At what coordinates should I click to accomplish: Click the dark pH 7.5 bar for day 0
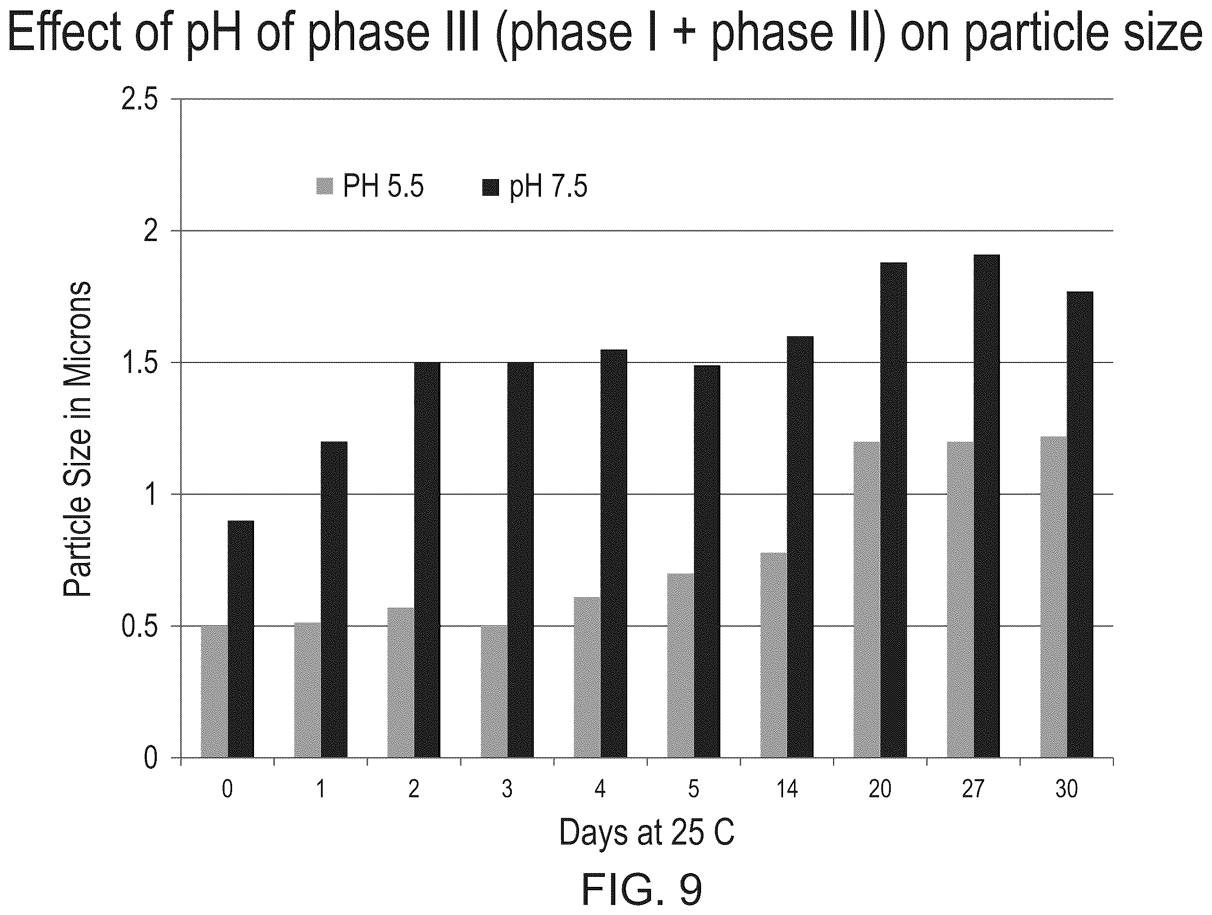point(241,639)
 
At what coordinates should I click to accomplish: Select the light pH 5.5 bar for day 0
point(214,692)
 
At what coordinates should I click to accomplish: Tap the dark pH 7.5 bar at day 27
point(986,506)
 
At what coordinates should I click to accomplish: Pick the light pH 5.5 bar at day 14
point(773,655)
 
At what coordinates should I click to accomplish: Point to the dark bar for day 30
point(1080,524)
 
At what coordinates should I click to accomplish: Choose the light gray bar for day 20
point(867,600)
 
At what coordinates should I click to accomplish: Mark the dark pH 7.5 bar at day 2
point(427,560)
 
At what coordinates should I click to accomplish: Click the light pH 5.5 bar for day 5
point(681,665)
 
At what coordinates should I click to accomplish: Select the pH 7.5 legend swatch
point(490,187)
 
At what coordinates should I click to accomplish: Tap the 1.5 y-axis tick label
point(139,362)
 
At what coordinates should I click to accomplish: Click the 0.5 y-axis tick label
point(139,626)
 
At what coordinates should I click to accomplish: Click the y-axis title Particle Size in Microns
point(77,439)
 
